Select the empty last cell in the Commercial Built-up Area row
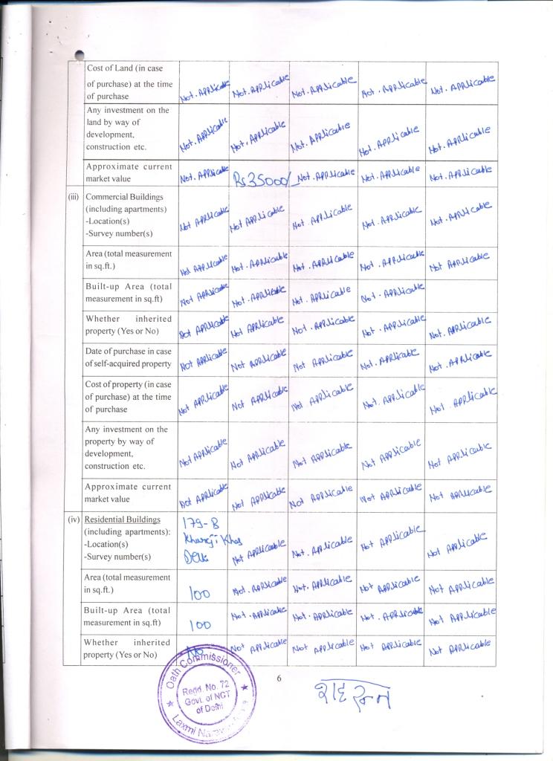click(462, 295)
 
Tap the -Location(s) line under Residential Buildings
click(111, 544)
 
